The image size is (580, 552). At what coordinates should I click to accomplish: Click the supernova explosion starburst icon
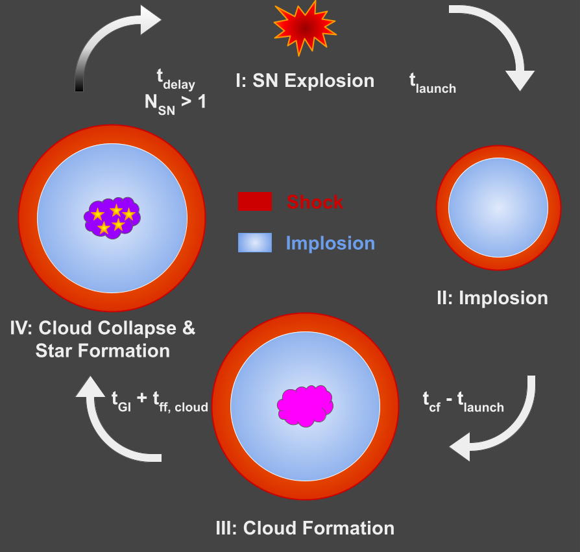click(x=304, y=29)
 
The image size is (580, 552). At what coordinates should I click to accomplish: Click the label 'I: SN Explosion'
click(x=304, y=80)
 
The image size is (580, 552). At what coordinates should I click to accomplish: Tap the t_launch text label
click(x=432, y=82)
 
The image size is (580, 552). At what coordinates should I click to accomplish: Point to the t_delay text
click(x=175, y=79)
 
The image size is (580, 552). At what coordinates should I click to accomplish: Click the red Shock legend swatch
click(x=255, y=202)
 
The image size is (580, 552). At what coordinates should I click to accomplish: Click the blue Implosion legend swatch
click(x=255, y=243)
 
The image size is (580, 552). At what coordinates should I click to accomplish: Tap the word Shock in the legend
click(x=315, y=202)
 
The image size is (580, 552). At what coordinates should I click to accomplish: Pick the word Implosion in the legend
click(x=330, y=243)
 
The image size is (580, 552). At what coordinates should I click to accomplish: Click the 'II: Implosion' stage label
click(x=492, y=298)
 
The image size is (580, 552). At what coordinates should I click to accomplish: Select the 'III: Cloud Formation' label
click(x=304, y=527)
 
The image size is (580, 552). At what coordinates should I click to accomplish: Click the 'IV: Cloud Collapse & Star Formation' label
click(x=103, y=339)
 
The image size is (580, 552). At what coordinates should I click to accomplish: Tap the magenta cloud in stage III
click(x=305, y=407)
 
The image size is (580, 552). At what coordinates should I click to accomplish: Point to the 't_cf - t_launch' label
click(x=463, y=403)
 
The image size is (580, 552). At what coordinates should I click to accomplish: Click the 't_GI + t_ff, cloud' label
click(x=160, y=404)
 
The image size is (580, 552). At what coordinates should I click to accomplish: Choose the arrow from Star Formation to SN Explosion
click(x=104, y=39)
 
